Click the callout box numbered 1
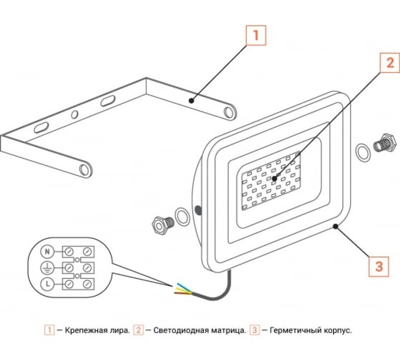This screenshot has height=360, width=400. [x=256, y=35]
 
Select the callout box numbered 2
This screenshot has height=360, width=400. [x=390, y=62]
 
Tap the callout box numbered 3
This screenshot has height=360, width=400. [x=378, y=266]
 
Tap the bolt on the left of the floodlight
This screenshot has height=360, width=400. [x=161, y=224]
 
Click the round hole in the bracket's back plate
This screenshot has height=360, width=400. [x=75, y=114]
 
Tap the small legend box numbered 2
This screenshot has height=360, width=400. [x=138, y=331]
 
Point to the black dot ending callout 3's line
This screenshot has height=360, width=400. [x=336, y=226]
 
